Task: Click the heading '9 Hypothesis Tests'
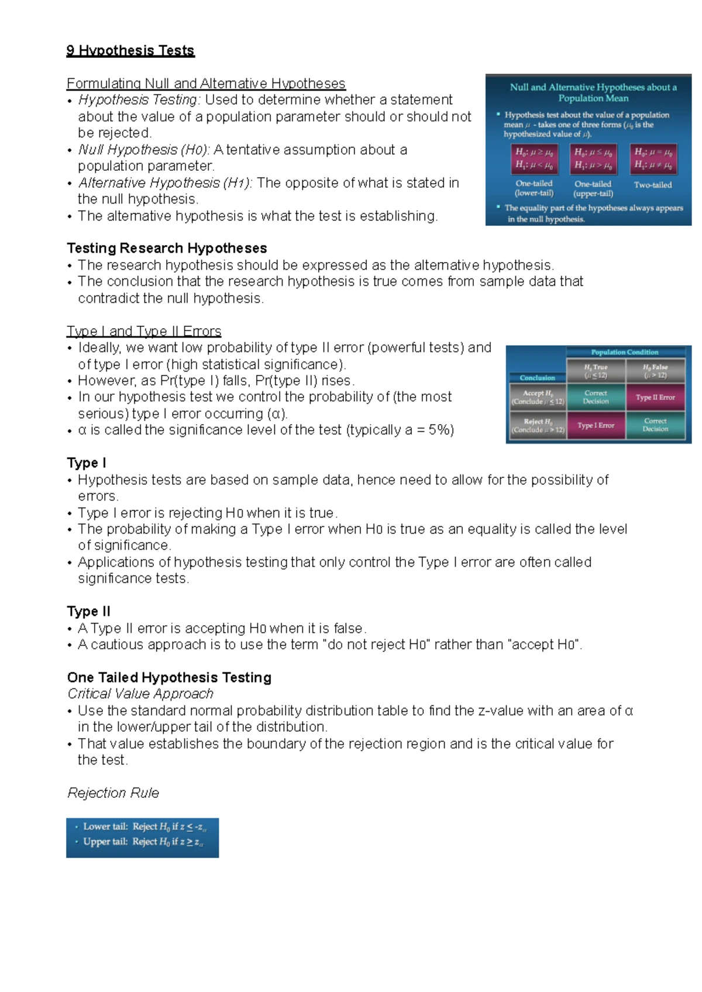[130, 50]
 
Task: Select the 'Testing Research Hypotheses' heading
[167, 248]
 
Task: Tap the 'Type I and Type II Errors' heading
[144, 331]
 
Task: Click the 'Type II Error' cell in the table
[655, 397]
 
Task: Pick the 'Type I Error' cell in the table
[596, 425]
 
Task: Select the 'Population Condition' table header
[625, 352]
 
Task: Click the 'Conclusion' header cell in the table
[537, 378]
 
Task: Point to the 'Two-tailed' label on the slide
[653, 185]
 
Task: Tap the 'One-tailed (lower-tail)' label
[534, 188]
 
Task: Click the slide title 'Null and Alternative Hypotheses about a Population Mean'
[593, 92]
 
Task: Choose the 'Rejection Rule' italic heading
[113, 793]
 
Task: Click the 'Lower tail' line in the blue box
[143, 826]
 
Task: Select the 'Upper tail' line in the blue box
[142, 842]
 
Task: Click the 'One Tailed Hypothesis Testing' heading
[169, 677]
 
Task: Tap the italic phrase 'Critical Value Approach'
[140, 694]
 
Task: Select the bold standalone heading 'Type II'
[88, 611]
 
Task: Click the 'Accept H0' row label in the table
[537, 397]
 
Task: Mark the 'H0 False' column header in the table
[655, 371]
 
